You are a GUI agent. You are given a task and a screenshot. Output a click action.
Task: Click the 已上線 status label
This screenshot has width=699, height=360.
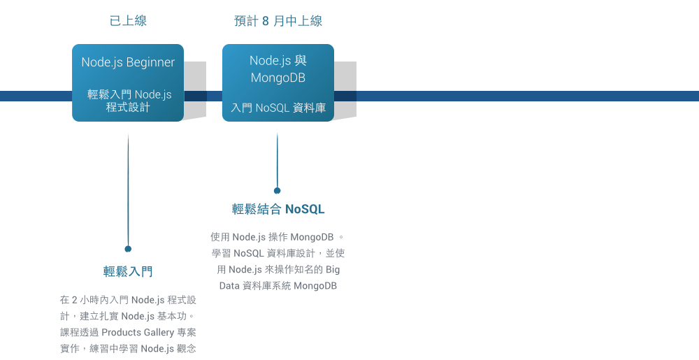pyautogui.click(x=128, y=21)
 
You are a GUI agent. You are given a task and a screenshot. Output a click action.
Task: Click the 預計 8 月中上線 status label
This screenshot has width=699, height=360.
pyautogui.click(x=278, y=21)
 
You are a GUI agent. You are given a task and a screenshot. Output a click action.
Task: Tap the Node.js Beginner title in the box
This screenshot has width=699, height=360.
pyautogui.click(x=128, y=62)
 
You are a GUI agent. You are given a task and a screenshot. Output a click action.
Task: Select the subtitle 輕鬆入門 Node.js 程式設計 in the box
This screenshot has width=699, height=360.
pyautogui.click(x=129, y=101)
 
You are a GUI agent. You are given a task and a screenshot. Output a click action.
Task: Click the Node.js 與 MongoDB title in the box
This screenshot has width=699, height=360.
pyautogui.click(x=278, y=69)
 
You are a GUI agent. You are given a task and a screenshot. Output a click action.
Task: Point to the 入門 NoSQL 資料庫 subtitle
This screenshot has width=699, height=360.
pyautogui.click(x=278, y=108)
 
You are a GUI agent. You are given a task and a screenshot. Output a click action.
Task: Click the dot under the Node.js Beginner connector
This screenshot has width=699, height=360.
pyautogui.click(x=128, y=248)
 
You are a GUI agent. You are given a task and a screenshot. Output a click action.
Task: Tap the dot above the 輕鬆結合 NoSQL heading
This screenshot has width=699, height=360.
pyautogui.click(x=278, y=190)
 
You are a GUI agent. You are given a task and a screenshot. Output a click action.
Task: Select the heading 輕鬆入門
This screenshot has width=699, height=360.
pyautogui.click(x=128, y=271)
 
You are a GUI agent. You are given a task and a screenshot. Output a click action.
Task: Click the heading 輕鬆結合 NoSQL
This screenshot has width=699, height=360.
pyautogui.click(x=278, y=209)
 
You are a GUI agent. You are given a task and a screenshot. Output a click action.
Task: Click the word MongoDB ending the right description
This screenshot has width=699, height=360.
pyautogui.click(x=315, y=286)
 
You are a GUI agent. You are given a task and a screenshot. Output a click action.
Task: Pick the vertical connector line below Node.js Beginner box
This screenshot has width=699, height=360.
pyautogui.click(x=128, y=189)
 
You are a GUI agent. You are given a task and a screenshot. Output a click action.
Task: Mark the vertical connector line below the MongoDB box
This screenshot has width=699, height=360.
pyautogui.click(x=278, y=161)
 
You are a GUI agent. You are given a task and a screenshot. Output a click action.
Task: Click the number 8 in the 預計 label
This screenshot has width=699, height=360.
pyautogui.click(x=266, y=21)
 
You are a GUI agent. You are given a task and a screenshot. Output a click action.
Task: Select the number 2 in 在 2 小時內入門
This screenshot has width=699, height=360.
pyautogui.click(x=75, y=300)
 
